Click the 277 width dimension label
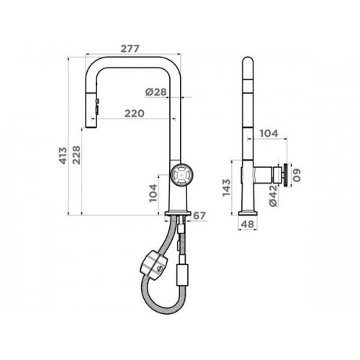coord(130,49)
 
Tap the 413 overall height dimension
coord(63,156)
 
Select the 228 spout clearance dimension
coord(76,155)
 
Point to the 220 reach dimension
coord(135,113)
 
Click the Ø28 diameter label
coord(156,91)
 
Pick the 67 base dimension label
coord(199,216)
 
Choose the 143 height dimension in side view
coord(226,188)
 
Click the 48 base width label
coord(247,225)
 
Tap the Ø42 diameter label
coord(273,196)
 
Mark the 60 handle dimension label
coord(297,176)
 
